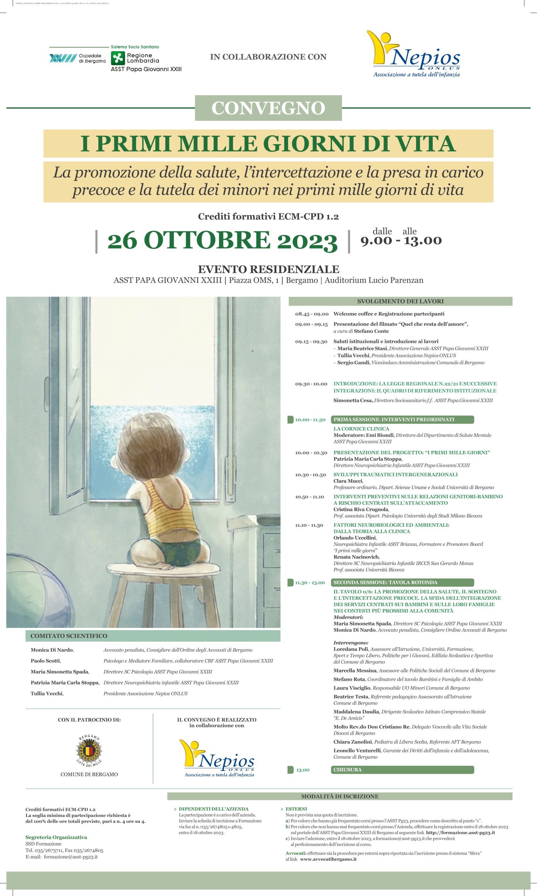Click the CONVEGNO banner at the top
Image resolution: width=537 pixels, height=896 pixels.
(268, 108)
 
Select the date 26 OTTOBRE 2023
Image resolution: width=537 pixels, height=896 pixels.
(222, 240)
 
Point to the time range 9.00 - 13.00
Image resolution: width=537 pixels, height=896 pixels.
(401, 240)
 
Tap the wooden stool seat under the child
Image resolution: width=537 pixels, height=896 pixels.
(170, 569)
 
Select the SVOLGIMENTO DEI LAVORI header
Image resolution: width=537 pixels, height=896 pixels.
(400, 301)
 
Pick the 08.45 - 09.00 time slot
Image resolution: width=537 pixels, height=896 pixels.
(312, 314)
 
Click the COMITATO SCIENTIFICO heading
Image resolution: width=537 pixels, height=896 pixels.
(69, 636)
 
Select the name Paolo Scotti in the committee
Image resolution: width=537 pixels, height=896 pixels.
(45, 661)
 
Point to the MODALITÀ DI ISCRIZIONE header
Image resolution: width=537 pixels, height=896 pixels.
(340, 796)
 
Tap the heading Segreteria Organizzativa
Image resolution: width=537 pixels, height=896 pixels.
(56, 837)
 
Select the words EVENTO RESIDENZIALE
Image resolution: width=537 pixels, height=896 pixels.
(268, 269)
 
